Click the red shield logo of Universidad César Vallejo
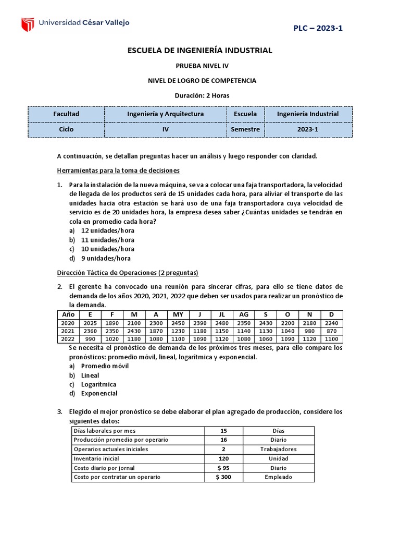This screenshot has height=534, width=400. pyautogui.click(x=27, y=24)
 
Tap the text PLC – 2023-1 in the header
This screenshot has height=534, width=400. pyautogui.click(x=318, y=28)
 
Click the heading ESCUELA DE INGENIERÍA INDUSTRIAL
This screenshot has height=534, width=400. pyautogui.click(x=200, y=51)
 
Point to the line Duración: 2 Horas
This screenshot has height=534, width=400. pyautogui.click(x=200, y=95)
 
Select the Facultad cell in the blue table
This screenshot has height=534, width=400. pyautogui.click(x=66, y=114)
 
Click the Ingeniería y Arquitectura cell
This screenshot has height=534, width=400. pyautogui.click(x=166, y=114)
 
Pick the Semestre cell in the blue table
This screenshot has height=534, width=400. pyautogui.click(x=245, y=129)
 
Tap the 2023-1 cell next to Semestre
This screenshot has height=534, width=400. pyautogui.click(x=308, y=129)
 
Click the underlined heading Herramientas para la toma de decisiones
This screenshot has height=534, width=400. pyautogui.click(x=118, y=170)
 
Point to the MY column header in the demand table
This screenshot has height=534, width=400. pyautogui.click(x=178, y=315)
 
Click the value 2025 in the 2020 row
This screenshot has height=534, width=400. pyautogui.click(x=90, y=323)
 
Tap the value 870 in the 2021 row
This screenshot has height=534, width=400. pyautogui.click(x=331, y=332)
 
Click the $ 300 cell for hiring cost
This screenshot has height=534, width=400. pyautogui.click(x=224, y=477)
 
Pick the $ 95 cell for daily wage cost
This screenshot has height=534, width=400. pyautogui.click(x=224, y=468)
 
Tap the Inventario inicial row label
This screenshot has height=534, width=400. pyautogui.click(x=96, y=458)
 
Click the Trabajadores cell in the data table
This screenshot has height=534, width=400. pyautogui.click(x=279, y=449)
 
